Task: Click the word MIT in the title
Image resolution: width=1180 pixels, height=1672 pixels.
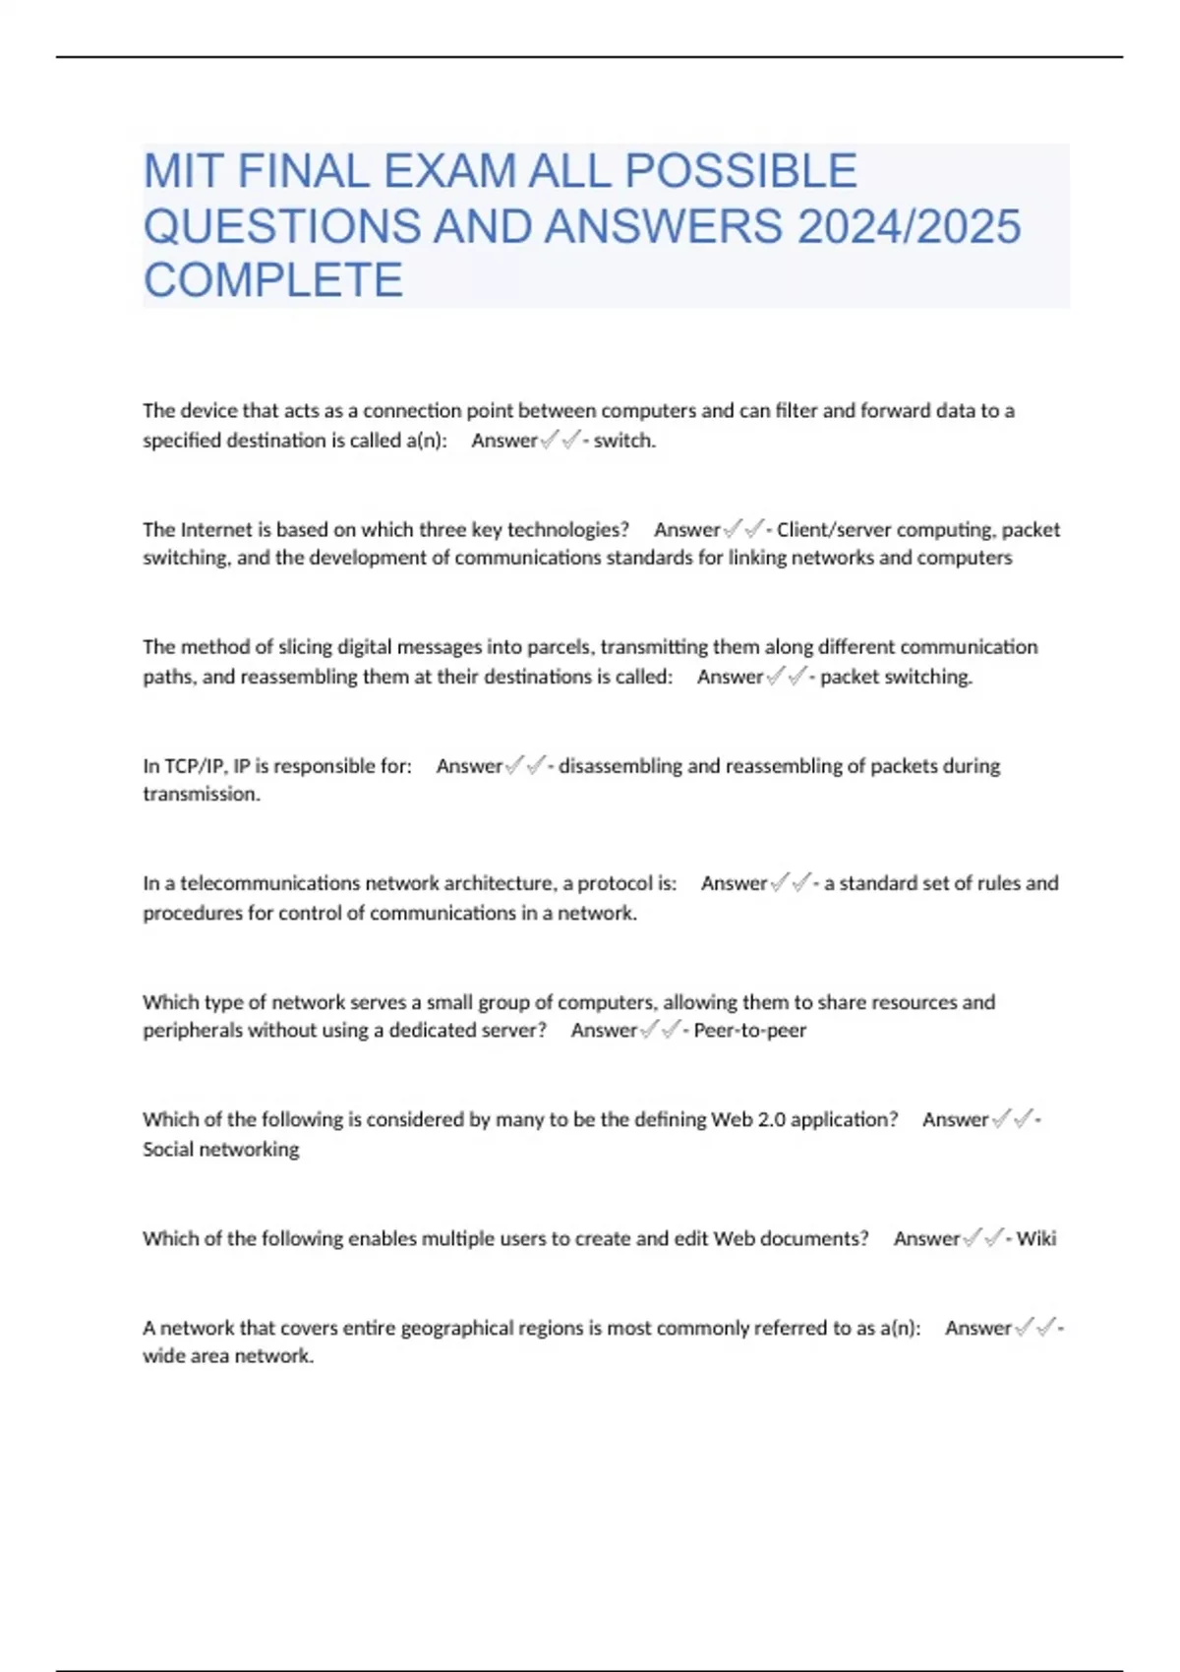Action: (184, 171)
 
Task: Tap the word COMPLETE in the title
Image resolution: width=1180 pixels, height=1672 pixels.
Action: (273, 280)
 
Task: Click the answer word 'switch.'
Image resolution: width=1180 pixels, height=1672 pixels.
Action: (624, 441)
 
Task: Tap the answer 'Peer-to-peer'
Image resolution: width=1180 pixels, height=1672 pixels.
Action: (749, 1031)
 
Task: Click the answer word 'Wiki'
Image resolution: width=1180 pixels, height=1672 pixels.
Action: (1036, 1238)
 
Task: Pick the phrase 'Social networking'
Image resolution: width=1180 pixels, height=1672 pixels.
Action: (221, 1149)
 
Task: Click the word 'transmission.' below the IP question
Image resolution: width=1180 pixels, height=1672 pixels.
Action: (202, 795)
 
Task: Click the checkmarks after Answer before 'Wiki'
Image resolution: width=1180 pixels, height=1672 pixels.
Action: (983, 1238)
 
